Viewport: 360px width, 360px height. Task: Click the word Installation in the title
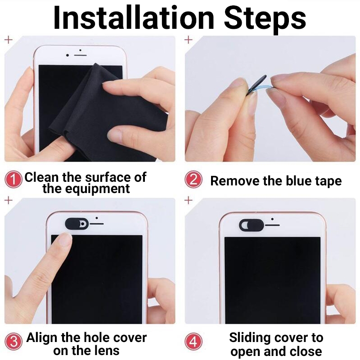click(x=134, y=18)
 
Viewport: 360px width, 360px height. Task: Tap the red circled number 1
click(x=13, y=179)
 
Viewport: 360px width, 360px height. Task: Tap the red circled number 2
click(x=193, y=179)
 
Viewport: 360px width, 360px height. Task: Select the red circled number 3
click(x=13, y=342)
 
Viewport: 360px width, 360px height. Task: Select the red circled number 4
click(x=193, y=342)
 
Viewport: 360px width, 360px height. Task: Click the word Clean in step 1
click(x=41, y=177)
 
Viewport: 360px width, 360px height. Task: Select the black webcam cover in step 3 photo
click(x=76, y=224)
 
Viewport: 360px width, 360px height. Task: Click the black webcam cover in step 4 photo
click(x=251, y=225)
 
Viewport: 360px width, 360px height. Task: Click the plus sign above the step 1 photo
click(x=9, y=40)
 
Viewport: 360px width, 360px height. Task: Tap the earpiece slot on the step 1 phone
click(x=80, y=55)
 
